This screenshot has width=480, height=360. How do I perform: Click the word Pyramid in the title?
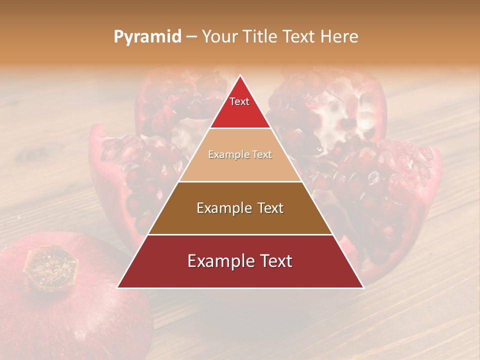tap(147, 37)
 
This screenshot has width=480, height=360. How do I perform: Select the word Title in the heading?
tap(259, 36)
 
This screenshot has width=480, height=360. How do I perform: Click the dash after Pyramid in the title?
tap(191, 37)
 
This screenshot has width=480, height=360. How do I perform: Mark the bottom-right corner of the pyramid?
tap(363, 287)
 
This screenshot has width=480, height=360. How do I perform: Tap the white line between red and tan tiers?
tap(240, 128)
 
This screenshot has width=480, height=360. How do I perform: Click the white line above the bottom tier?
tap(240, 234)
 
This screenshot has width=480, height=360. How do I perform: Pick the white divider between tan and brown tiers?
tap(240, 181)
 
